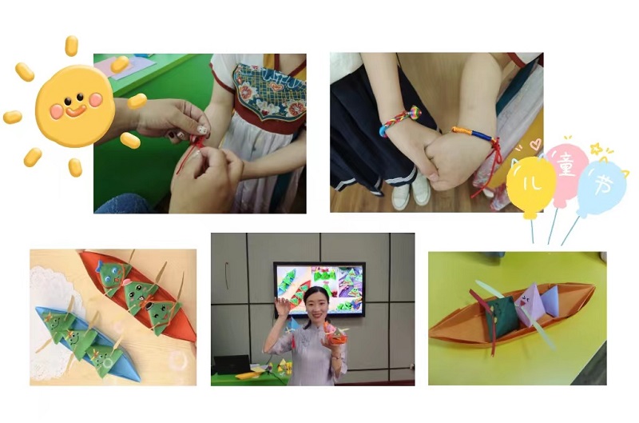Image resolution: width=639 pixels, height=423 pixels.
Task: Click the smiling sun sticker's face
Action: point(75,106)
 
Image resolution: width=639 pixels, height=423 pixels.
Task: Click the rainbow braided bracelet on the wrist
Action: point(399,119)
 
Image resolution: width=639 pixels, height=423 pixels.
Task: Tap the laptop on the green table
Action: point(232,365)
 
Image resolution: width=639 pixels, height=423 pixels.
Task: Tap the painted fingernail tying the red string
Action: point(202,130)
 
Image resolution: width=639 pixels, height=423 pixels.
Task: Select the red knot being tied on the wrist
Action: point(198,143)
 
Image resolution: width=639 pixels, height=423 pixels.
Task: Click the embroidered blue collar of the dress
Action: point(269,93)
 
